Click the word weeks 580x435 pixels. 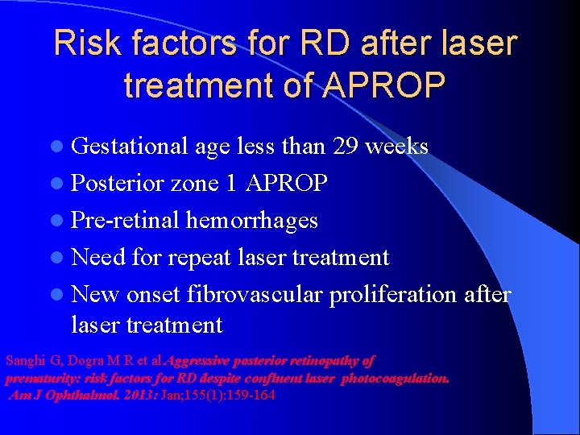(x=397, y=146)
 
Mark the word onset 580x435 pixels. (x=158, y=294)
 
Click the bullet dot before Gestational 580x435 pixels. (x=61, y=147)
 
